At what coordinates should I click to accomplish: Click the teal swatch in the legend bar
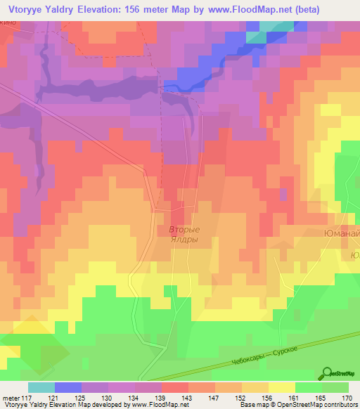[41, 387]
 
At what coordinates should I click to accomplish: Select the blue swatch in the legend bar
[68, 387]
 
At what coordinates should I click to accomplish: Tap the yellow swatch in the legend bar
[281, 387]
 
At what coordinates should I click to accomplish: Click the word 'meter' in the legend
[11, 397]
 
